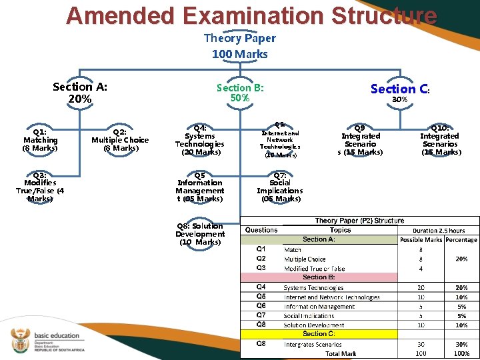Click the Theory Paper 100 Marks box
pos(239,46)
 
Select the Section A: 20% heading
pos(80,93)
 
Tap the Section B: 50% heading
pos(240,93)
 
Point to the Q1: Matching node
pos(40,139)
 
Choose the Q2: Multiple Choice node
pos(120,139)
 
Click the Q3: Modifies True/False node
pos(40,187)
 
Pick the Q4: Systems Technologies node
pos(200,139)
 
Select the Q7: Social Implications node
pos(280,187)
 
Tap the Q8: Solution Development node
pos(200,234)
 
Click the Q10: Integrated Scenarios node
pos(440,139)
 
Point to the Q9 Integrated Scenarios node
pos(360,139)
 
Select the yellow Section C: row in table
pos(319,333)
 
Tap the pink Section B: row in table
pos(319,277)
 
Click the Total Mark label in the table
pos(341,354)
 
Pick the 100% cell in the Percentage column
pos(461,354)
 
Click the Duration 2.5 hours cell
pos(439,231)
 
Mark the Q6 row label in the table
pos(262,306)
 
